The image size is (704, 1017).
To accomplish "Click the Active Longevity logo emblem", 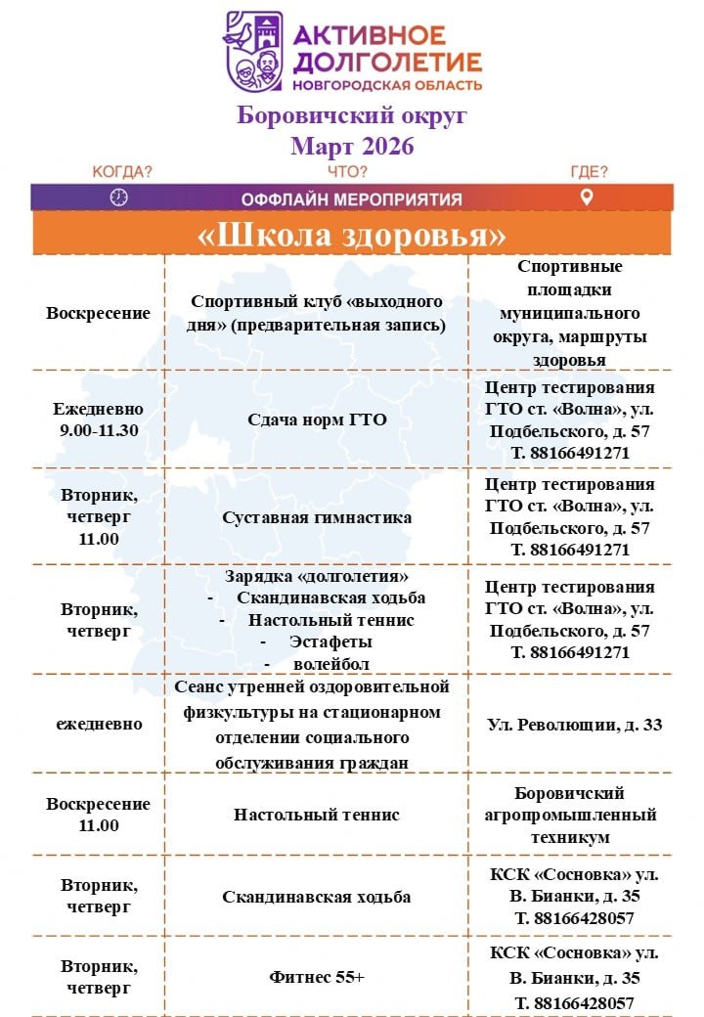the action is [x=252, y=51].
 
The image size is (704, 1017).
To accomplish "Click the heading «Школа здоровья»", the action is [x=352, y=235].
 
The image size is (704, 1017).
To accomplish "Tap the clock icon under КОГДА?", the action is [x=119, y=198].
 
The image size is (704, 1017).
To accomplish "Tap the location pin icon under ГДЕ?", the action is [x=587, y=198].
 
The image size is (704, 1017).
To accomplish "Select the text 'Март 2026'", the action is [x=352, y=147].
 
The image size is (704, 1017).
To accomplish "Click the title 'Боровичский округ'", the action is [x=352, y=116].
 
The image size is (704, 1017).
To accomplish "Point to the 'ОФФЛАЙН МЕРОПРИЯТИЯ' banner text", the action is [x=352, y=199].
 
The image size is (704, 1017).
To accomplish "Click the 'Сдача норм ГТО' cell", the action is [x=317, y=420].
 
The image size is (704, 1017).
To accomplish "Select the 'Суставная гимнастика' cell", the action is [x=317, y=517].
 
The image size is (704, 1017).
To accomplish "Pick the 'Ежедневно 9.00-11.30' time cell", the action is [x=98, y=420].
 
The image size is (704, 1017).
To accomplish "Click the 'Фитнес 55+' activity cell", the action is [x=317, y=977].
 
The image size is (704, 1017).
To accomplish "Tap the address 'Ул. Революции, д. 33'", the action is [x=574, y=725].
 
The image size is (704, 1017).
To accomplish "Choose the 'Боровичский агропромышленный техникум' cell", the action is [x=570, y=815].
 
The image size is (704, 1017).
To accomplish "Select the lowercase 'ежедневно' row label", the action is [x=98, y=725].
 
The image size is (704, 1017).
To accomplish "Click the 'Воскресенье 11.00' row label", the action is [x=98, y=815].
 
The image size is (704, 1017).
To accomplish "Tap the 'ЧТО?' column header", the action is [x=348, y=172].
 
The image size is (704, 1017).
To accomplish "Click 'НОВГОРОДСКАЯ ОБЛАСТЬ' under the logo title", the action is [x=388, y=86].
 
